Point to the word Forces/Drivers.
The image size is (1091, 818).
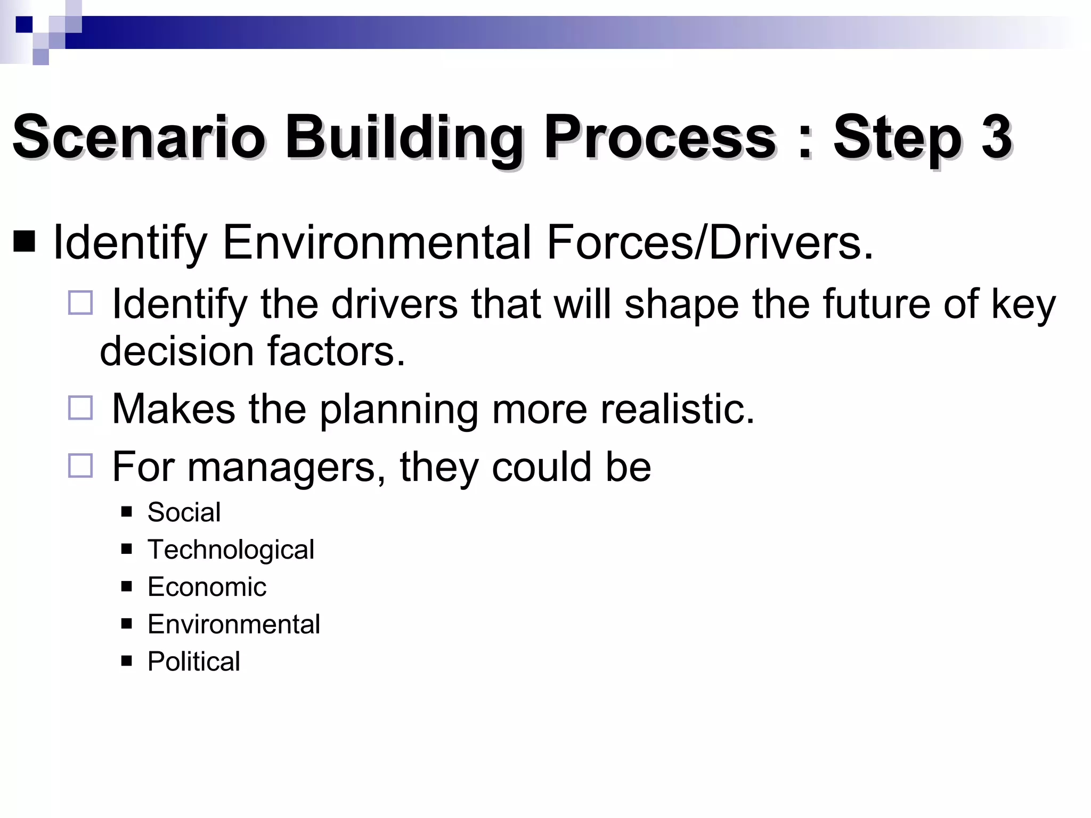coord(710,243)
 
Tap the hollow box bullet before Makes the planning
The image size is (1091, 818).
coord(80,408)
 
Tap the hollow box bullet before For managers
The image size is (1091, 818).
coord(80,466)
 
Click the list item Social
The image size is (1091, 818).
coord(184,512)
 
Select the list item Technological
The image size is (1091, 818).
coord(231,550)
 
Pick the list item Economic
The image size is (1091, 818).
coord(207,587)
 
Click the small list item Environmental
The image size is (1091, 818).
coord(233,624)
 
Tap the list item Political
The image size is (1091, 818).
coord(193,661)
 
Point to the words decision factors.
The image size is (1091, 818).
coord(253,351)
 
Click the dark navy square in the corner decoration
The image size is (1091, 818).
coord(24,24)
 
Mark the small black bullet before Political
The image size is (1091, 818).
coord(126,661)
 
